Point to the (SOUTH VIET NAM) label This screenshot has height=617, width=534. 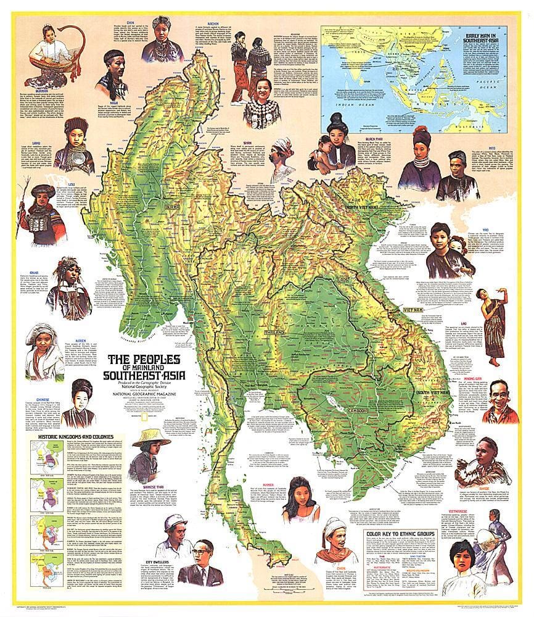point(413,392)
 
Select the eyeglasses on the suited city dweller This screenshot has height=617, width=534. point(204,553)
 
